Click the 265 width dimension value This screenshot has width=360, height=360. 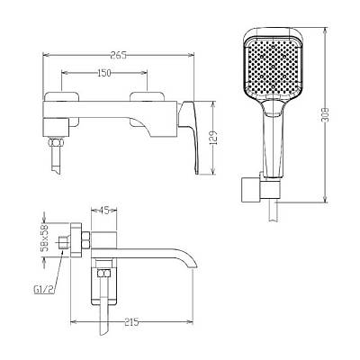click(119, 55)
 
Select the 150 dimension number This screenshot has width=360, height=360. click(104, 73)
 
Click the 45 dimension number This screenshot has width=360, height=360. click(103, 211)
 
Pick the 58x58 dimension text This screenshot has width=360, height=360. click(45, 239)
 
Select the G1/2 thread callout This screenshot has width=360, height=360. click(44, 290)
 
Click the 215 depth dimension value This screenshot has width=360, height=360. click(131, 322)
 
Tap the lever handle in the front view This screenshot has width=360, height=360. click(190, 135)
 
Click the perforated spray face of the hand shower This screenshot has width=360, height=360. click(273, 67)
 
